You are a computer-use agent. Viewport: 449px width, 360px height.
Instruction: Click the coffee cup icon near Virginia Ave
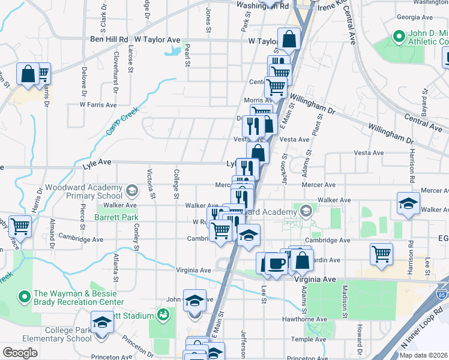pyautogui.click(x=276, y=263)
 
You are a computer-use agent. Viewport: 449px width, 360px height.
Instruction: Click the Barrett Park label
pyautogui.click(x=115, y=217)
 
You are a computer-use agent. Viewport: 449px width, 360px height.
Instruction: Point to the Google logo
pyautogui.click(x=20, y=353)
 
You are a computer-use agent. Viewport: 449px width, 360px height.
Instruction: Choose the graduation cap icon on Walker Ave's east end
pyautogui.click(x=408, y=203)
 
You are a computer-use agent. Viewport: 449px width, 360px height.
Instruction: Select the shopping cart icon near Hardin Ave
pyautogui.click(x=382, y=253)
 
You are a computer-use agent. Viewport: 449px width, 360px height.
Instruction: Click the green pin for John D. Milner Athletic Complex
pyautogui.click(x=397, y=37)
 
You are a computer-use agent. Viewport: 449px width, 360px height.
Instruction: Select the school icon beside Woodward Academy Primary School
pyautogui.click(x=131, y=191)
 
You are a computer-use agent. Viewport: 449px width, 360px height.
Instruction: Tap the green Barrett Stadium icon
pyautogui.click(x=163, y=314)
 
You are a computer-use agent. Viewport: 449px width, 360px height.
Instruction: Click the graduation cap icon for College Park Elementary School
pyautogui.click(x=101, y=323)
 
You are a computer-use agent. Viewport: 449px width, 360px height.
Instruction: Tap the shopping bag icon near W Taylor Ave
pyautogui.click(x=289, y=39)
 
